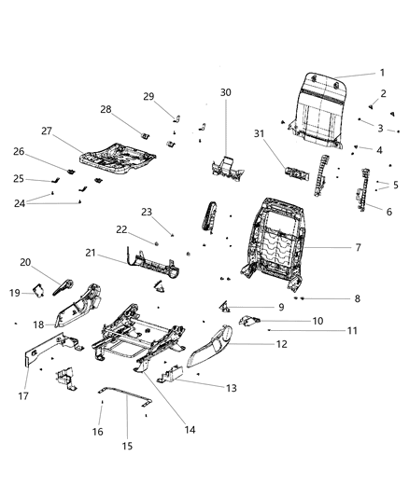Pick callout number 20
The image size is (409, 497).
click(26, 262)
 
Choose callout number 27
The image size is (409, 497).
click(46, 131)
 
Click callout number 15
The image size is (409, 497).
click(126, 446)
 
